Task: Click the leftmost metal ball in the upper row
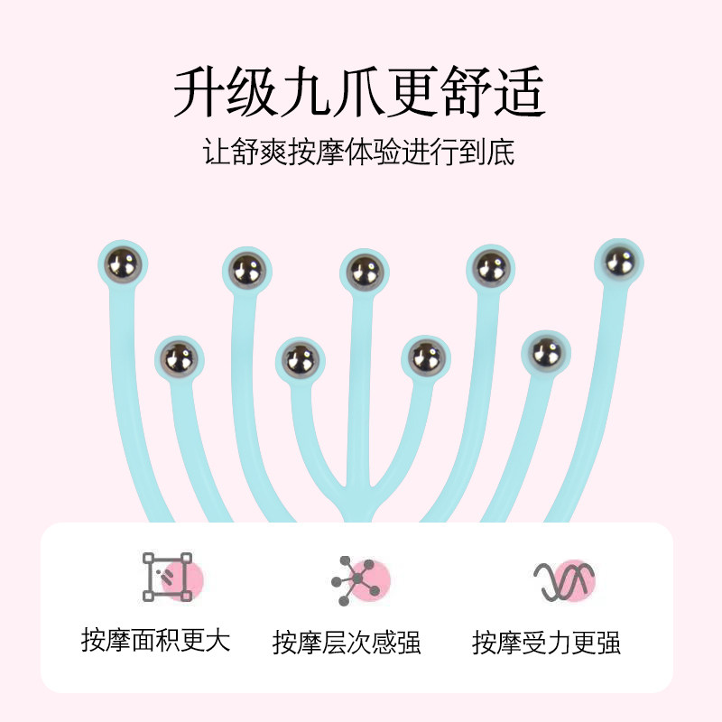[x=121, y=264]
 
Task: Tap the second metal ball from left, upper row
[x=245, y=269]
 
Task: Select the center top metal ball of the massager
[x=364, y=271]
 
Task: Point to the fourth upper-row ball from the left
[x=490, y=267]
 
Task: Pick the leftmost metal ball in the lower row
[x=180, y=358]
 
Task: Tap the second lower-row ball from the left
[x=301, y=360]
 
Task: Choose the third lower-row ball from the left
[x=425, y=358]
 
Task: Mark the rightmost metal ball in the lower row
[x=546, y=353]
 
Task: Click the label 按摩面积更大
[x=155, y=640]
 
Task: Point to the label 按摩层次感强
[x=347, y=642]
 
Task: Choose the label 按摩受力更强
[x=546, y=642]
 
